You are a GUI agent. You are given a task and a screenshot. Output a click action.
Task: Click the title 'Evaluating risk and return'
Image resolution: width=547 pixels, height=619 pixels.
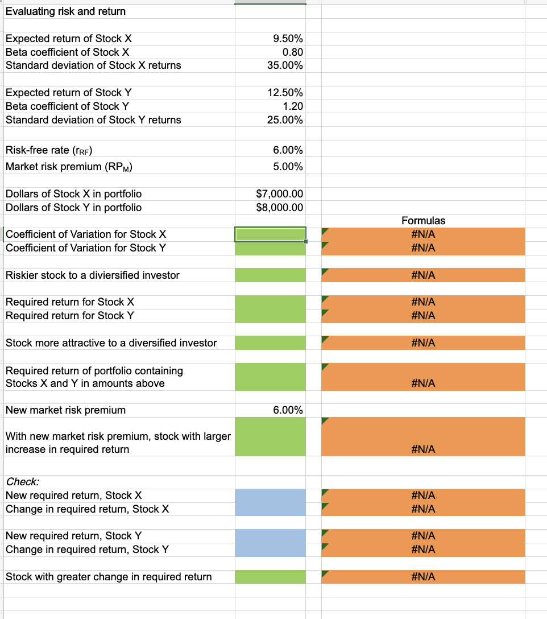65,11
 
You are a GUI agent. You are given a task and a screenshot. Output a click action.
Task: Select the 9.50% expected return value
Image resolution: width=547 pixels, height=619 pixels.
288,39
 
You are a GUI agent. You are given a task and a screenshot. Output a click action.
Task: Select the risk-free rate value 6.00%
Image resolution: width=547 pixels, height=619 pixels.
288,150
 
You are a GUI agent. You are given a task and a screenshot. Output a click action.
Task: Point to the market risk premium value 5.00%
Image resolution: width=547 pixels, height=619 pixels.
288,167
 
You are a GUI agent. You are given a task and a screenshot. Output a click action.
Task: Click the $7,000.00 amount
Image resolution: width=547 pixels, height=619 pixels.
280,194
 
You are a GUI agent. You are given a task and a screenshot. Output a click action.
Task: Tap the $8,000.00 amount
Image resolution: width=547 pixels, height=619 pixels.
280,208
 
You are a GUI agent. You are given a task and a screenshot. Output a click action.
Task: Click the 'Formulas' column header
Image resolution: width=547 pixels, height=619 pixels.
423,220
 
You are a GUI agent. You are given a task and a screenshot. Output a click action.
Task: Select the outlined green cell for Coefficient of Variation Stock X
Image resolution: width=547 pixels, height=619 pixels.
270,234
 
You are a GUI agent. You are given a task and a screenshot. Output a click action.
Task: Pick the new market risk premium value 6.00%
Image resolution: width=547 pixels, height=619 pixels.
288,410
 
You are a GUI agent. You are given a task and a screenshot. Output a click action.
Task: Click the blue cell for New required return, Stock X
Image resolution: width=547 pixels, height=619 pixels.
270,496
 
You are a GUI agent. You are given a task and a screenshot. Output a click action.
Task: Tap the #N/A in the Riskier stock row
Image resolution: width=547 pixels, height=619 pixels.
423,275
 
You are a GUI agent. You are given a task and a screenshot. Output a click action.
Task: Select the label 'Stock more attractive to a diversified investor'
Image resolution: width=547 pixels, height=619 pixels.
111,343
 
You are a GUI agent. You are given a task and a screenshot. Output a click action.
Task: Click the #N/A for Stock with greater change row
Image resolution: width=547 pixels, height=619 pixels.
423,577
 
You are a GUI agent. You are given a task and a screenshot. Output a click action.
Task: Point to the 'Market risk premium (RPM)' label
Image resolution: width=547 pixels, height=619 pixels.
69,167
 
